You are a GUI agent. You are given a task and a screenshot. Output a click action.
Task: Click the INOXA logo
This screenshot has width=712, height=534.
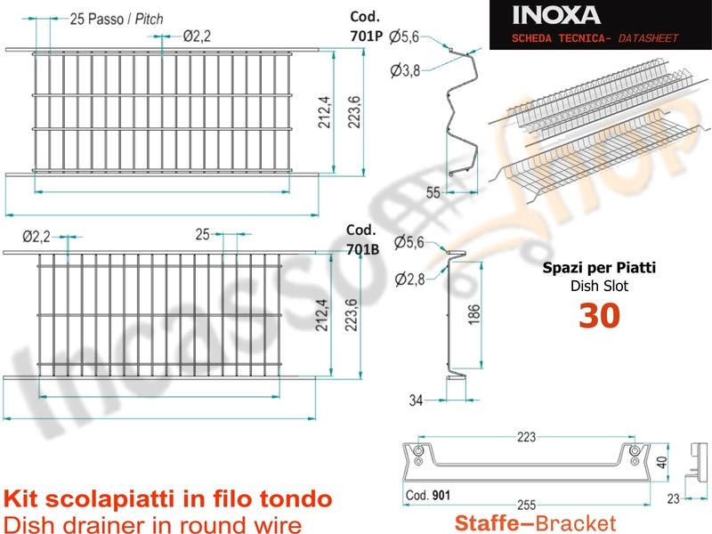(556, 15)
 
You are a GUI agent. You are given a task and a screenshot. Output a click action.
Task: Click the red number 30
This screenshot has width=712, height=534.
(599, 316)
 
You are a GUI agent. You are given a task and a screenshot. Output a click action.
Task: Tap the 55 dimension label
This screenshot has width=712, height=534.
(433, 192)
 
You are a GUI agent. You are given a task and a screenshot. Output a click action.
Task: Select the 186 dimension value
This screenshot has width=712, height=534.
(473, 314)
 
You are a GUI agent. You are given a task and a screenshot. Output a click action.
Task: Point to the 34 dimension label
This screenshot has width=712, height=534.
(416, 400)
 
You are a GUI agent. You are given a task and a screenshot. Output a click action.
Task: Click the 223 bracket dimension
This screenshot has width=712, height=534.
(526, 437)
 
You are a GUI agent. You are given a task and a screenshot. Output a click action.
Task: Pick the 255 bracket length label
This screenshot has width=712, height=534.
(526, 505)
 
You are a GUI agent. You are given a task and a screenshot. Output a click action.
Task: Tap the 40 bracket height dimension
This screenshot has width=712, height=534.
(661, 462)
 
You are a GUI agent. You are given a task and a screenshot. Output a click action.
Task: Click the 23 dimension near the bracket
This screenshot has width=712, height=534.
(673, 498)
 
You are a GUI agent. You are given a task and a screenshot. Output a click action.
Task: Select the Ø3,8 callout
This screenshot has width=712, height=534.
(405, 70)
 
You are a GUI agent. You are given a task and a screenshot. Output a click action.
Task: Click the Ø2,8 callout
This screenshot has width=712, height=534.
(409, 279)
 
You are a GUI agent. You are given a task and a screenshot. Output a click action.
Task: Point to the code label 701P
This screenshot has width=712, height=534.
(367, 36)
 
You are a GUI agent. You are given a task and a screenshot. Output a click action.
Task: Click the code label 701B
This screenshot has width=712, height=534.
(363, 249)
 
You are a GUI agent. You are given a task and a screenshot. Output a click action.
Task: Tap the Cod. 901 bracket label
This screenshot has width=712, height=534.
(428, 495)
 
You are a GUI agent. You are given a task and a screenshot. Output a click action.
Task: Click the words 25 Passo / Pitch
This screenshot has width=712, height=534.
(117, 19)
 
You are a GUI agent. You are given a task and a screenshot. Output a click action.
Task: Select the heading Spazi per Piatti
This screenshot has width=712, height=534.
(599, 268)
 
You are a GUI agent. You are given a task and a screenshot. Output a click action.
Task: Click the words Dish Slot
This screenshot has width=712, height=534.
(599, 286)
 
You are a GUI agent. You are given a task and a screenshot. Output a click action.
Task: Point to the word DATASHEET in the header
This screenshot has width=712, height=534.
(648, 38)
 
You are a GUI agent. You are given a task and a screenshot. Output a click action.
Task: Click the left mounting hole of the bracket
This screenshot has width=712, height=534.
(418, 451)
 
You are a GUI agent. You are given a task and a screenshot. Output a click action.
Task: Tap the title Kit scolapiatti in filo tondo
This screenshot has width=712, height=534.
(168, 499)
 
